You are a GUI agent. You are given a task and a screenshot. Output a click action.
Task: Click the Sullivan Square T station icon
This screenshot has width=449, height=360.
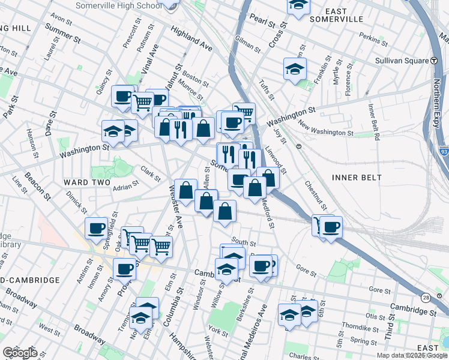click(x=433, y=61)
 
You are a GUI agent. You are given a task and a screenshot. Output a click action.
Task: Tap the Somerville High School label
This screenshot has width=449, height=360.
click(x=119, y=5)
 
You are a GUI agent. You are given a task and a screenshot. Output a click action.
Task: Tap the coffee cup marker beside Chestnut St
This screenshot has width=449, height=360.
click(x=331, y=227)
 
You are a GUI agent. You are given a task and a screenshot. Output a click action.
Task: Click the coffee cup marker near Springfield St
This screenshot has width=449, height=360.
click(x=96, y=229)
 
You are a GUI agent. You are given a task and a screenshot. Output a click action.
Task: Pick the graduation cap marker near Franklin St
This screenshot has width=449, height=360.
click(x=295, y=69)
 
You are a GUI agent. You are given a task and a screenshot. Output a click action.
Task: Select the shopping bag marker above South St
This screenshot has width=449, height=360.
click(x=224, y=211)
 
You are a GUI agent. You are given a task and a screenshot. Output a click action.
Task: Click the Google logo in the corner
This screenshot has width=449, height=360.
click(x=19, y=352)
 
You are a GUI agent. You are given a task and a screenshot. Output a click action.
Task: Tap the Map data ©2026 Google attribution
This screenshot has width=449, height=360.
click(x=411, y=355)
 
